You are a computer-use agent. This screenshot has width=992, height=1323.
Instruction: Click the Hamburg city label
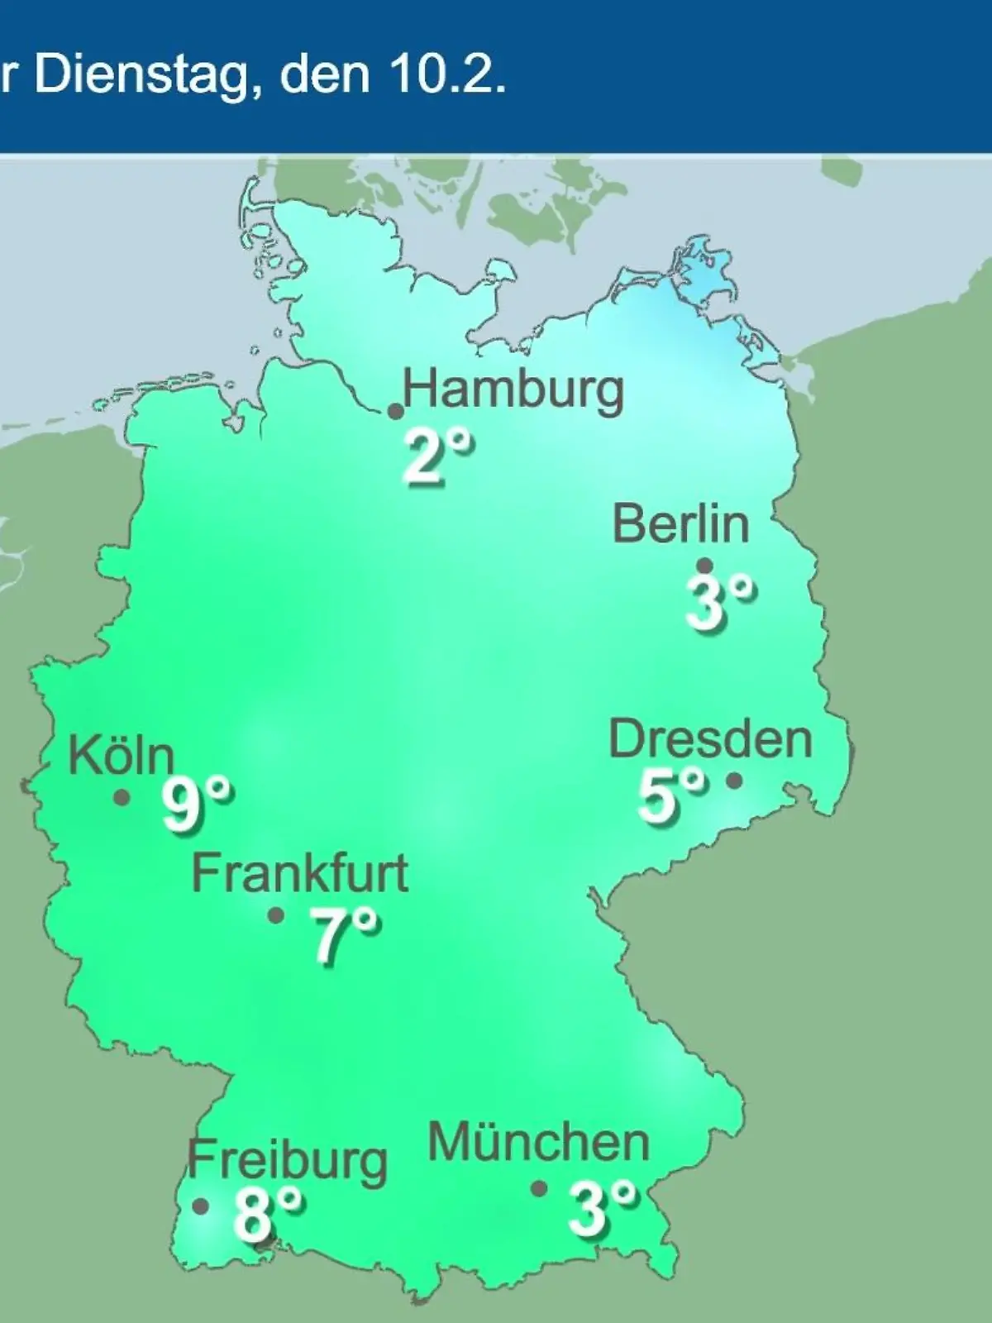(x=513, y=389)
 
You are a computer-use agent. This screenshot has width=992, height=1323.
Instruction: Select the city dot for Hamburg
(x=396, y=411)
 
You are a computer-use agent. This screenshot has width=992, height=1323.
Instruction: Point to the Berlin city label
(x=681, y=524)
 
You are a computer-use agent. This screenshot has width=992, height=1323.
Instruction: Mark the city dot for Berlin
(x=705, y=566)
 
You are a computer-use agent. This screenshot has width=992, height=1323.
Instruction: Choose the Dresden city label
(x=710, y=738)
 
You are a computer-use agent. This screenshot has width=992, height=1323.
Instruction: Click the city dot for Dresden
(x=734, y=780)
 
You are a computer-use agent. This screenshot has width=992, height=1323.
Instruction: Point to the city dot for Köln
(x=122, y=798)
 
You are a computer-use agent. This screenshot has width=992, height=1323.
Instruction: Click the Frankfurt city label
(x=300, y=873)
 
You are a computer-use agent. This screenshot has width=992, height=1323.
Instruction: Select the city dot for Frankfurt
(x=276, y=915)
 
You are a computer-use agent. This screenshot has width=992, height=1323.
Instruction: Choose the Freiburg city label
(x=287, y=1160)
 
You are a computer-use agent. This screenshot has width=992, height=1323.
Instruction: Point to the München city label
(x=539, y=1144)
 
